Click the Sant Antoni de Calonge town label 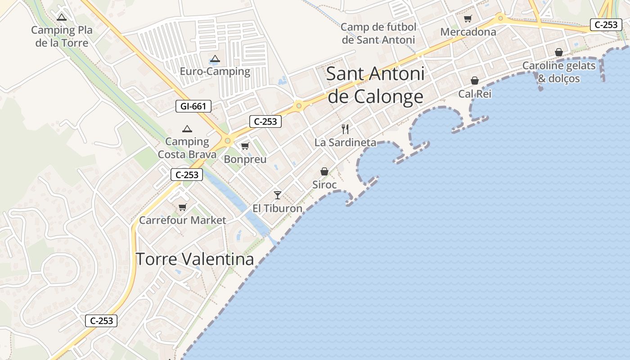pos(375,85)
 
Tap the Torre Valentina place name pos(194,259)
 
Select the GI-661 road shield pos(193,107)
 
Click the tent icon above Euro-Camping pos(215,59)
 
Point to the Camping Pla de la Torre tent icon pos(62,18)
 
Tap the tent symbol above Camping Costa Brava pos(187,129)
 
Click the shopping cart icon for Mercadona pos(468,19)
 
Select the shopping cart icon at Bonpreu pos(245,146)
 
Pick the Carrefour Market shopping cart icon pos(182,207)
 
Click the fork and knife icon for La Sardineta pos(345,129)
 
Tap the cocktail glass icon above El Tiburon pos(278,195)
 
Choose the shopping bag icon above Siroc pos(324,171)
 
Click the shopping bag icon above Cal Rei pos(474,81)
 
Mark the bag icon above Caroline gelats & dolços pos(559,53)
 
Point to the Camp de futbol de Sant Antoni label pos(378,33)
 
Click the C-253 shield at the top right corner pos(606,25)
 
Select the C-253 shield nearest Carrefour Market pos(187,175)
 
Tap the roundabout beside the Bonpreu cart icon pos(228,141)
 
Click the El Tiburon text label pos(277,208)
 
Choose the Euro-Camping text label pos(215,72)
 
